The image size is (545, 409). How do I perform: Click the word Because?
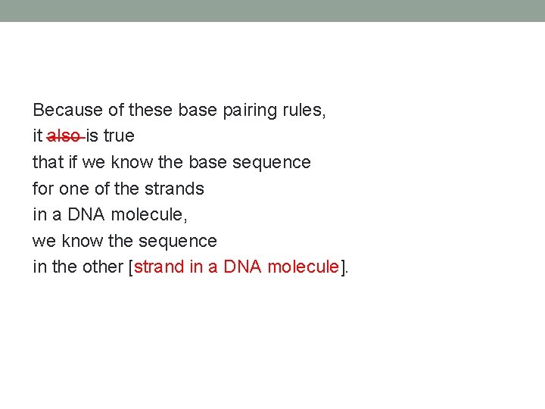point(67,110)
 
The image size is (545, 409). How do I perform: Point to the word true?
point(119,136)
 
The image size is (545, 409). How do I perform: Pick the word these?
point(151,110)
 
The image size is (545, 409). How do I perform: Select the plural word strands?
point(174,189)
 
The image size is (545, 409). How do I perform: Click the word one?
point(73,189)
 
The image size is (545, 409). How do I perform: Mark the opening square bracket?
point(132,267)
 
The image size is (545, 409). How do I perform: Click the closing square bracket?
point(342,267)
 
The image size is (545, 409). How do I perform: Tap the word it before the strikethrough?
point(37,136)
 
